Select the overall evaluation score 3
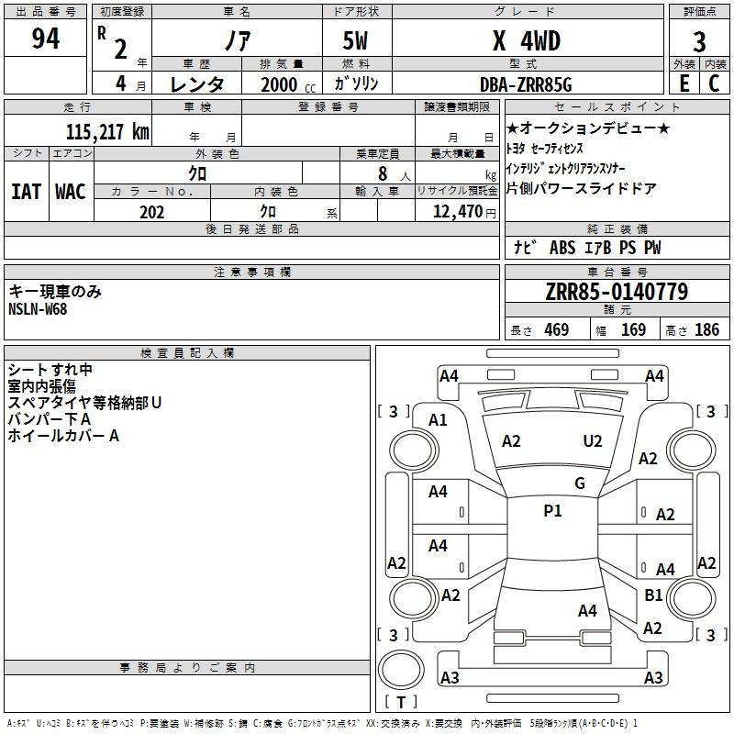coord(699,42)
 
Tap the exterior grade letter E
coord(683,83)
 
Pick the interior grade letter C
coord(714,83)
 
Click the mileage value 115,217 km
coord(107,131)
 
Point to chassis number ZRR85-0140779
coord(617,292)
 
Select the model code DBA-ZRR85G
coord(526,84)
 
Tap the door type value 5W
coord(357,41)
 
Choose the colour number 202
coord(151,212)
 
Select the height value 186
coord(706,329)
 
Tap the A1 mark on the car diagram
coord(439,420)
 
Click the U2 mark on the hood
coord(593,441)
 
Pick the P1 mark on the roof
coord(552,511)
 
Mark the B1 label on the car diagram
coord(653,595)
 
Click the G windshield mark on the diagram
coord(579,484)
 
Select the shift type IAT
coord(26,192)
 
